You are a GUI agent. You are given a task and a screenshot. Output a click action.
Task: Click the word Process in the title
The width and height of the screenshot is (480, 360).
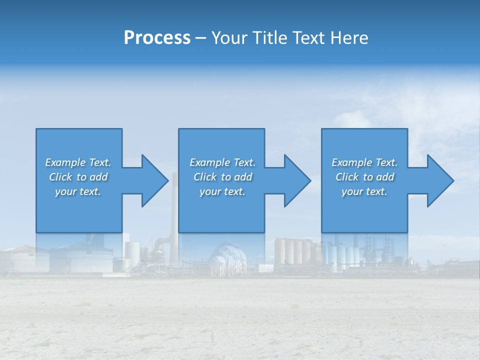157,38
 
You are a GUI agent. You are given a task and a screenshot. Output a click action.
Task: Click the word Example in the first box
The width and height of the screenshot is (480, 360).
65,162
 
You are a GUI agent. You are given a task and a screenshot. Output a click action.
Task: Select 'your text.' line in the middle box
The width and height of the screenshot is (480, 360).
222,191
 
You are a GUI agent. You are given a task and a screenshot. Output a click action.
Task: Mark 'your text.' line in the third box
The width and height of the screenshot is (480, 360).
364,191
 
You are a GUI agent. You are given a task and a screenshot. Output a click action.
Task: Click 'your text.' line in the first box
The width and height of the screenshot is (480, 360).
77,191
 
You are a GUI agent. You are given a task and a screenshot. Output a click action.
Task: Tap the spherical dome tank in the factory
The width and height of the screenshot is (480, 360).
228,257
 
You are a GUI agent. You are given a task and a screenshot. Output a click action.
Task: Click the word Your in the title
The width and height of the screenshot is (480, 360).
227,38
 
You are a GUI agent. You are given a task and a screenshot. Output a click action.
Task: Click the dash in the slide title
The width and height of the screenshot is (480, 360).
200,38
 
